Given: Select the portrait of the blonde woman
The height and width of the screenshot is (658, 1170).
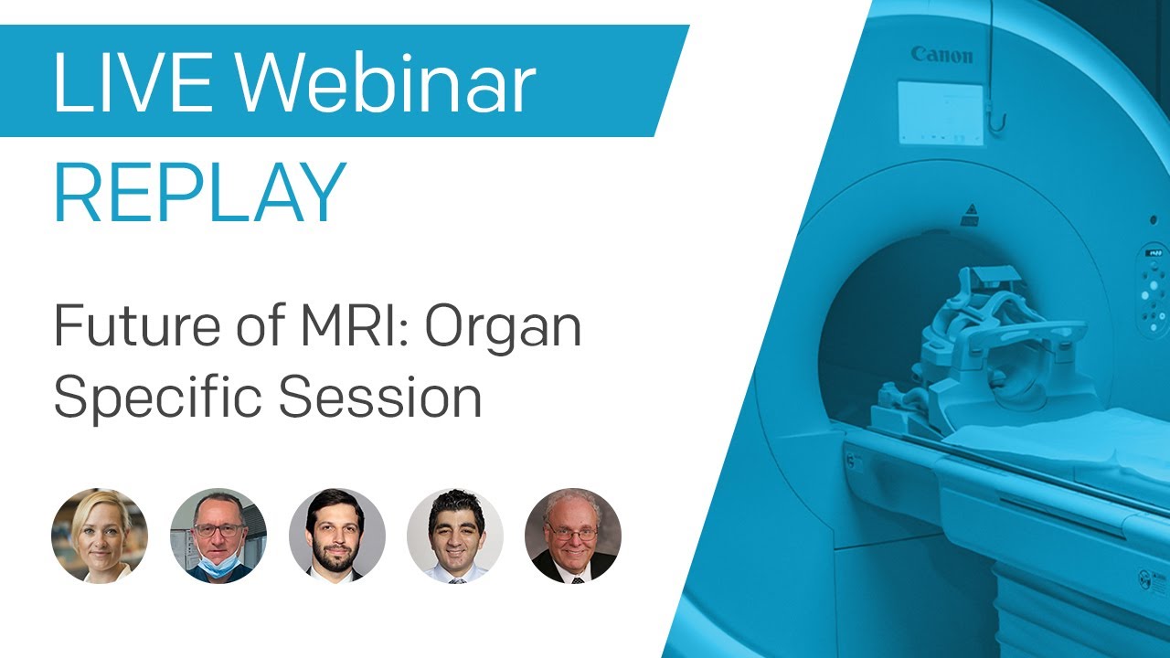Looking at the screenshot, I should pos(100,536).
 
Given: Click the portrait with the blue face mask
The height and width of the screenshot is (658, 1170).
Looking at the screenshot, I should pos(218,536).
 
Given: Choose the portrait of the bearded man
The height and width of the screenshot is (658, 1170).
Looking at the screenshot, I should pos(336,536).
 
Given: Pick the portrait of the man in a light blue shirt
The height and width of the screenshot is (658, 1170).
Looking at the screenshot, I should pos(455,536).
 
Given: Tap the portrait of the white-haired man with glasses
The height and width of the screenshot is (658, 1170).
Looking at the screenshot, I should pos(573,536).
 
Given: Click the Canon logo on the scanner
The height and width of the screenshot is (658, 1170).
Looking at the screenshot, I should pos(942,55).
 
